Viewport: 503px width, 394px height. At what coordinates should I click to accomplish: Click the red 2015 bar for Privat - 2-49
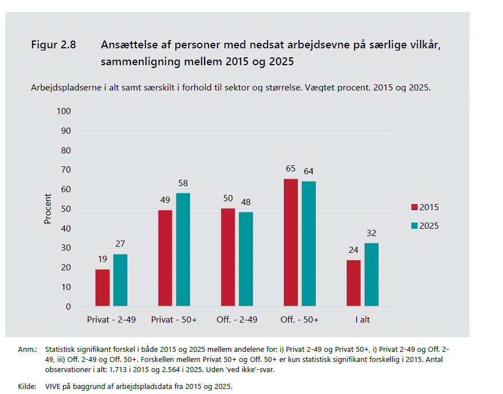pyautogui.click(x=102, y=288)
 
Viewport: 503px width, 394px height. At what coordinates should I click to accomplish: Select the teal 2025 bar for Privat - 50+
pyautogui.click(x=183, y=250)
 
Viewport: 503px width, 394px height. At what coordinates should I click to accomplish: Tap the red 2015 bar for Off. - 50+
pyautogui.click(x=291, y=243)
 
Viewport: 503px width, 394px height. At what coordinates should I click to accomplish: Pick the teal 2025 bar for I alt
pyautogui.click(x=371, y=275)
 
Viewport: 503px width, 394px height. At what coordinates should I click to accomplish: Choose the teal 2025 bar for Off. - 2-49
pyautogui.click(x=246, y=259)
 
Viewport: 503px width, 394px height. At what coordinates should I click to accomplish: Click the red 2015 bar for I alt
pyautogui.click(x=354, y=283)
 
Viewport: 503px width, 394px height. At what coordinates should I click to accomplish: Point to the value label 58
pyautogui.click(x=183, y=183)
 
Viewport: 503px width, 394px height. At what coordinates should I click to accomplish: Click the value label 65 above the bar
pyautogui.click(x=291, y=169)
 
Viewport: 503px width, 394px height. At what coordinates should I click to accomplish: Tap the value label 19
pyautogui.click(x=102, y=259)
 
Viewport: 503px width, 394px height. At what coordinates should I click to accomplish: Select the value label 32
pyautogui.click(x=371, y=233)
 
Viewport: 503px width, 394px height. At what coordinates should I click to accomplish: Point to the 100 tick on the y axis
pyautogui.click(x=64, y=111)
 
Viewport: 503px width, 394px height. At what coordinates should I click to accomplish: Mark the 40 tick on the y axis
pyautogui.click(x=66, y=229)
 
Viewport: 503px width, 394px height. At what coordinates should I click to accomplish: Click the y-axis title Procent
pyautogui.click(x=48, y=209)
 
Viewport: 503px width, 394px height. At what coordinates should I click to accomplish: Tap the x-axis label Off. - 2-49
pyautogui.click(x=237, y=319)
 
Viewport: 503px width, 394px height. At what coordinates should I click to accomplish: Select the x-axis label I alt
pyautogui.click(x=362, y=319)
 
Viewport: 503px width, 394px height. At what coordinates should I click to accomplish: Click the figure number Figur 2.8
pyautogui.click(x=53, y=44)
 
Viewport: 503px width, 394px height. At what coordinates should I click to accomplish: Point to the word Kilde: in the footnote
pyautogui.click(x=26, y=386)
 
